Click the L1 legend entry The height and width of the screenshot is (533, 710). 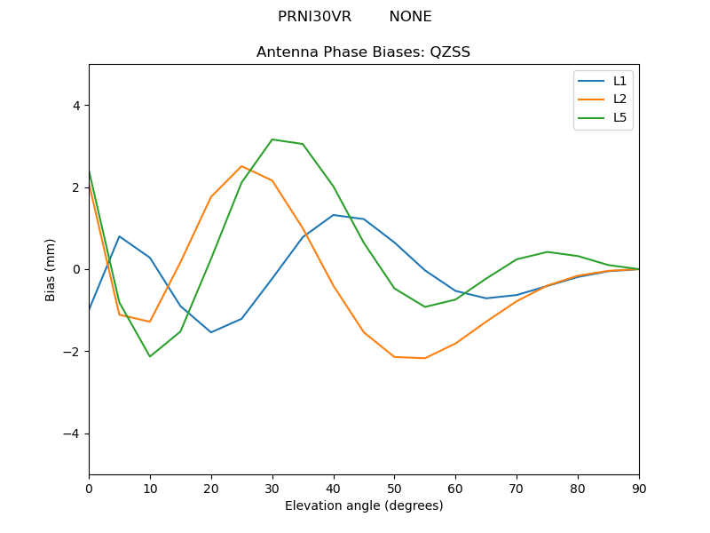click(x=619, y=81)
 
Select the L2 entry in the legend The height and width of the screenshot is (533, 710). click(x=619, y=99)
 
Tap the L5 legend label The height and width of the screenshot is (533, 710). click(x=619, y=117)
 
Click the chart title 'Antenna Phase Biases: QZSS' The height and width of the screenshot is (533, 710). click(x=363, y=52)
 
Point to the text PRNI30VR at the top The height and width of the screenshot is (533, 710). click(x=314, y=17)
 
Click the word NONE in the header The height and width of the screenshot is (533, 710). click(x=410, y=17)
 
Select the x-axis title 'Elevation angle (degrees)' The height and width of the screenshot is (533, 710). click(x=364, y=506)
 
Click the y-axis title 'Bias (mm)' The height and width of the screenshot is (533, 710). click(x=51, y=269)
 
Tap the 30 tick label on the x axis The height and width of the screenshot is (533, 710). click(x=272, y=488)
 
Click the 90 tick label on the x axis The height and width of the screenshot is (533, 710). click(x=639, y=488)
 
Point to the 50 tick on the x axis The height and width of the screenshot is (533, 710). click(x=394, y=488)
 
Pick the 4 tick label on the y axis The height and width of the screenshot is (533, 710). click(x=76, y=105)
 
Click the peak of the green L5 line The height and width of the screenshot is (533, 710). click(x=272, y=139)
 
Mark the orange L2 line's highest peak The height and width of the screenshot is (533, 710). click(x=241, y=166)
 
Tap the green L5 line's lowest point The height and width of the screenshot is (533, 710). click(x=150, y=356)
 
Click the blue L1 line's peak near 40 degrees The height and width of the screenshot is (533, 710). click(x=334, y=215)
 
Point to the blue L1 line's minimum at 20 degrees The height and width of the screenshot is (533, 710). click(x=211, y=332)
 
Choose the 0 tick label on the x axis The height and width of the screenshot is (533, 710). click(x=89, y=488)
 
